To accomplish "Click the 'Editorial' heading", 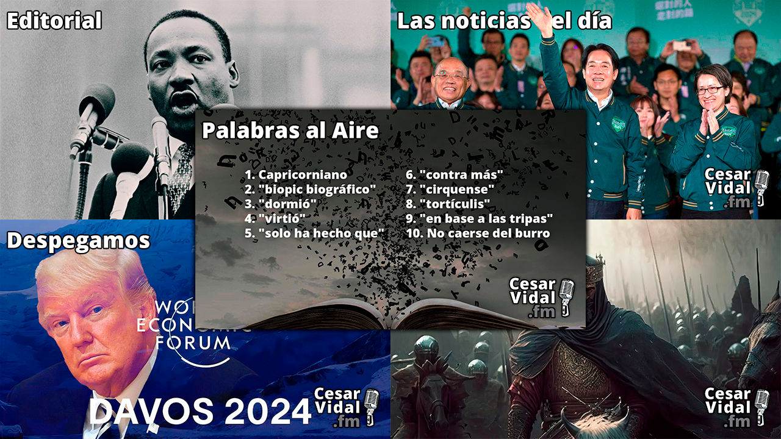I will point(54,21).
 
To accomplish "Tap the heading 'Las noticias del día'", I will point(504,21).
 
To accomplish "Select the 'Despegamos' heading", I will point(78,241).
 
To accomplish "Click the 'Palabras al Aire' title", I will point(290,130).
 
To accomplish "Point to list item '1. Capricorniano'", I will point(296,175).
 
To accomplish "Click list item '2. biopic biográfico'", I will point(311,190).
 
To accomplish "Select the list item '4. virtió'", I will point(275,219).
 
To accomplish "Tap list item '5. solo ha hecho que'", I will point(315,234).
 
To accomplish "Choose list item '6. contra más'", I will point(454,175).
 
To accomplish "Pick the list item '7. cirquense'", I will point(450,190).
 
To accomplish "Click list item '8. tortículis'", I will point(448,204).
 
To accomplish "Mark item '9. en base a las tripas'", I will point(480,219).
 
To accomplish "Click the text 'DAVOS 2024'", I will point(200,412).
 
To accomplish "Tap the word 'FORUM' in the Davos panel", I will point(192,343).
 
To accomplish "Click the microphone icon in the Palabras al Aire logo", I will point(566,296).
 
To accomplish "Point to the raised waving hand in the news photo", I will point(540,16).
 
